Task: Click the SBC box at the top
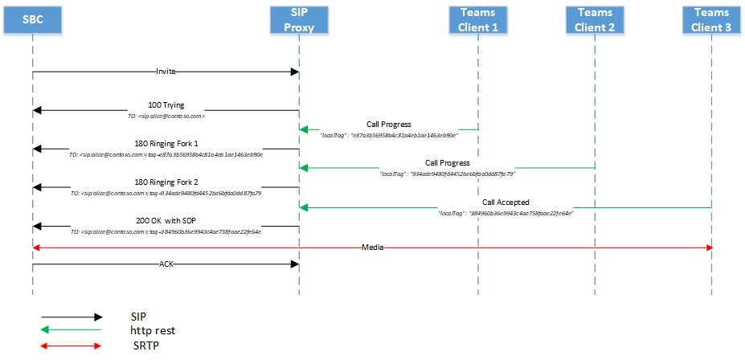[33, 19]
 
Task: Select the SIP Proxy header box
[298, 19]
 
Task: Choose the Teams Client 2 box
[595, 19]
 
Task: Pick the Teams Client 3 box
[711, 19]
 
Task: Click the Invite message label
[166, 72]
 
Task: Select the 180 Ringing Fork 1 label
[166, 144]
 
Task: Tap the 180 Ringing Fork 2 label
[166, 182]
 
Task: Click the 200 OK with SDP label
[166, 220]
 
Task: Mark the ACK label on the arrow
[166, 263]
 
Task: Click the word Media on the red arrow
[371, 248]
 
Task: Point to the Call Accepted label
[506, 202]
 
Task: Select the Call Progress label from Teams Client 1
[389, 125]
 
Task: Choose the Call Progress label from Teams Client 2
[448, 163]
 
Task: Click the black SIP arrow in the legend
[72, 317]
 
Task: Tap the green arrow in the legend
[72, 330]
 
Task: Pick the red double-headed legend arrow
[72, 346]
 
